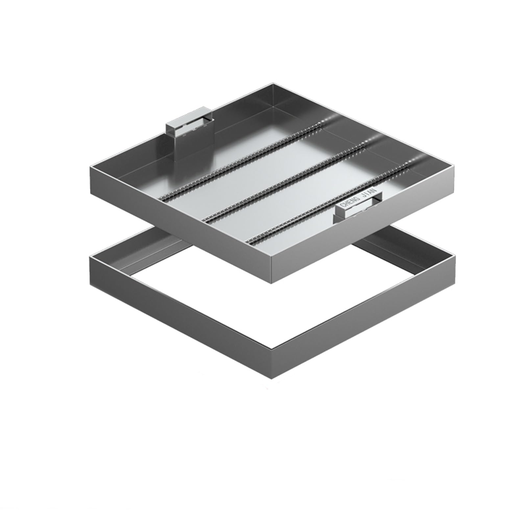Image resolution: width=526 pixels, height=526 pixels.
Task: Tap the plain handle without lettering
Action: click(190, 128)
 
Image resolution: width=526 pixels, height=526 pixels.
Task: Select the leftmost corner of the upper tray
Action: click(90, 166)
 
